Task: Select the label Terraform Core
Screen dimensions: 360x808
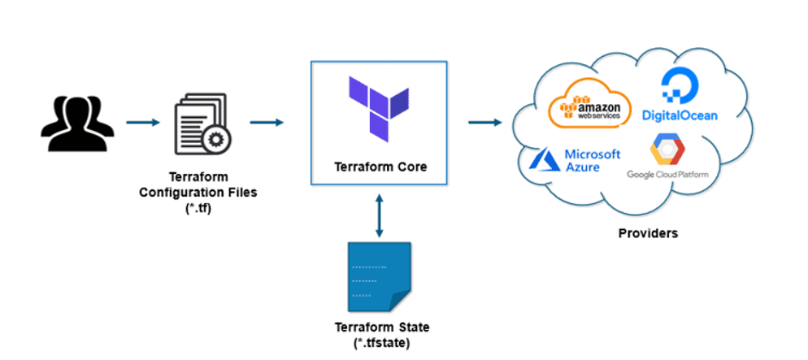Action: (380, 167)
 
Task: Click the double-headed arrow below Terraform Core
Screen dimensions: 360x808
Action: (380, 217)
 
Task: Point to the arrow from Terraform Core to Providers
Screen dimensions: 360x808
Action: (484, 123)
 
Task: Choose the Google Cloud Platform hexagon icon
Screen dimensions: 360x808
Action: (667, 151)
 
